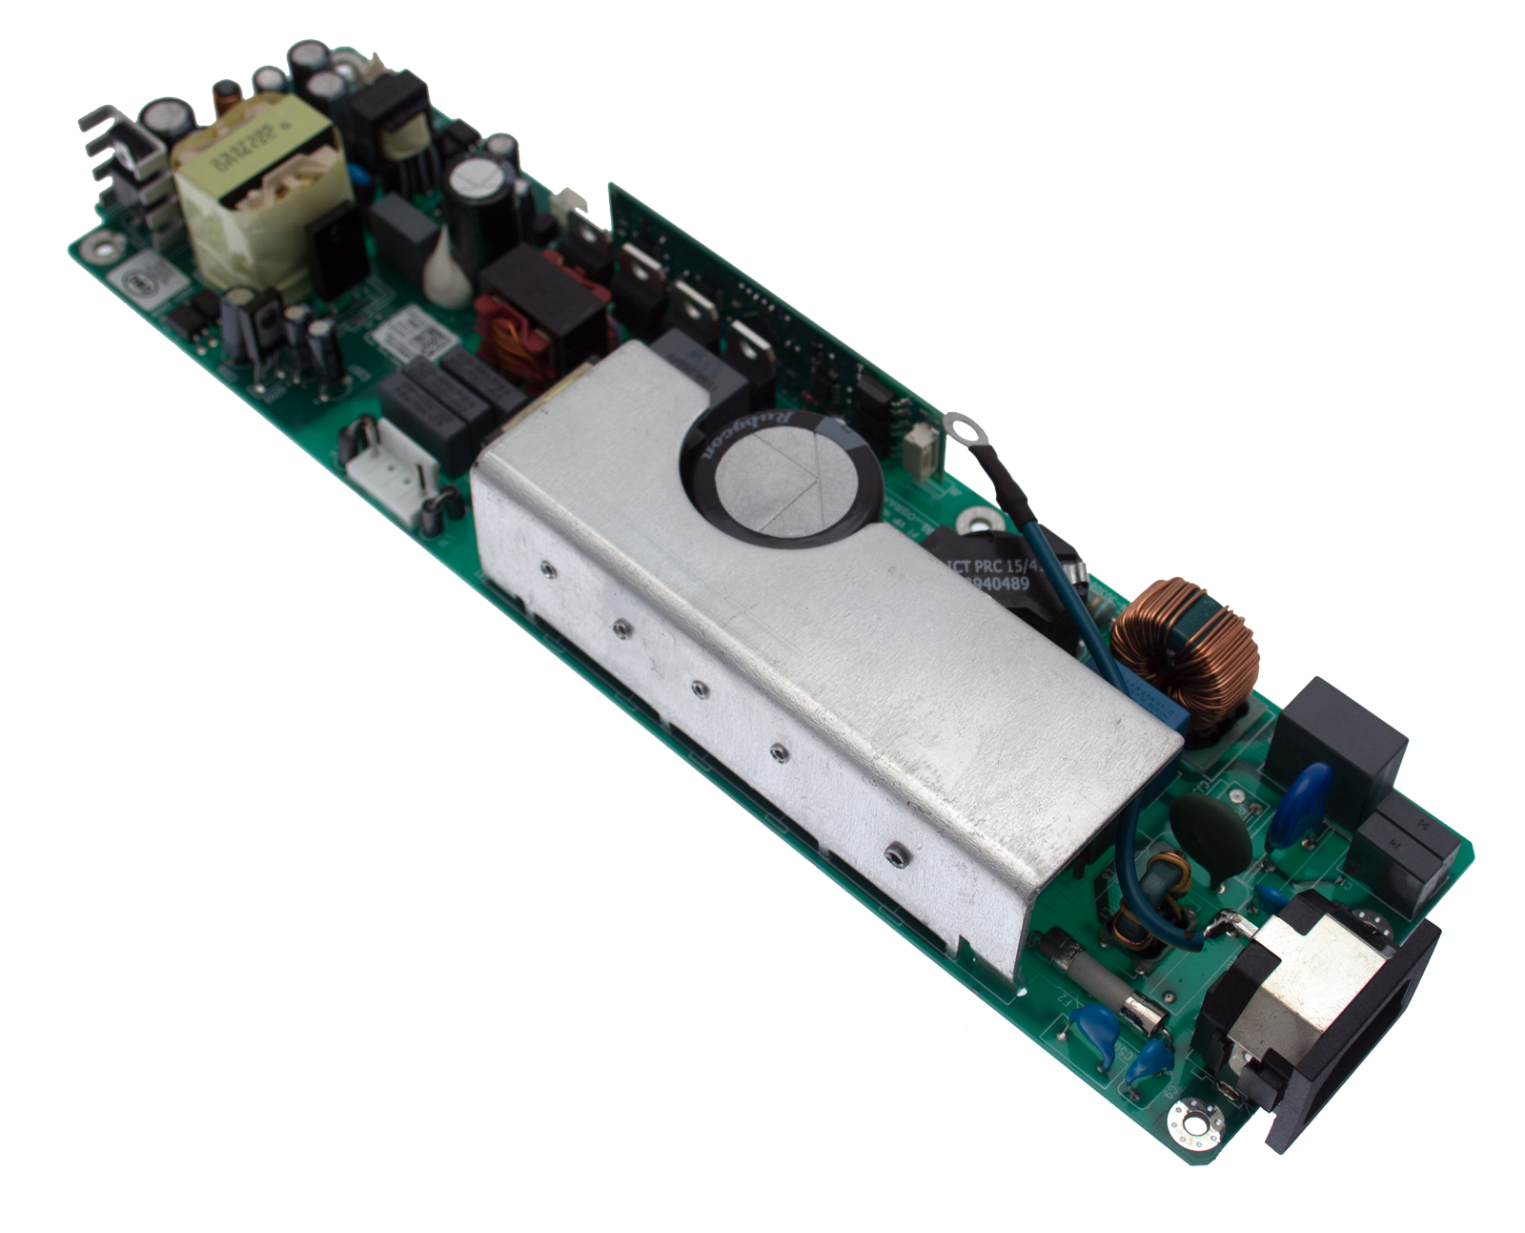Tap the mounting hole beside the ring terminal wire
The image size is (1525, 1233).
click(x=974, y=521)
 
